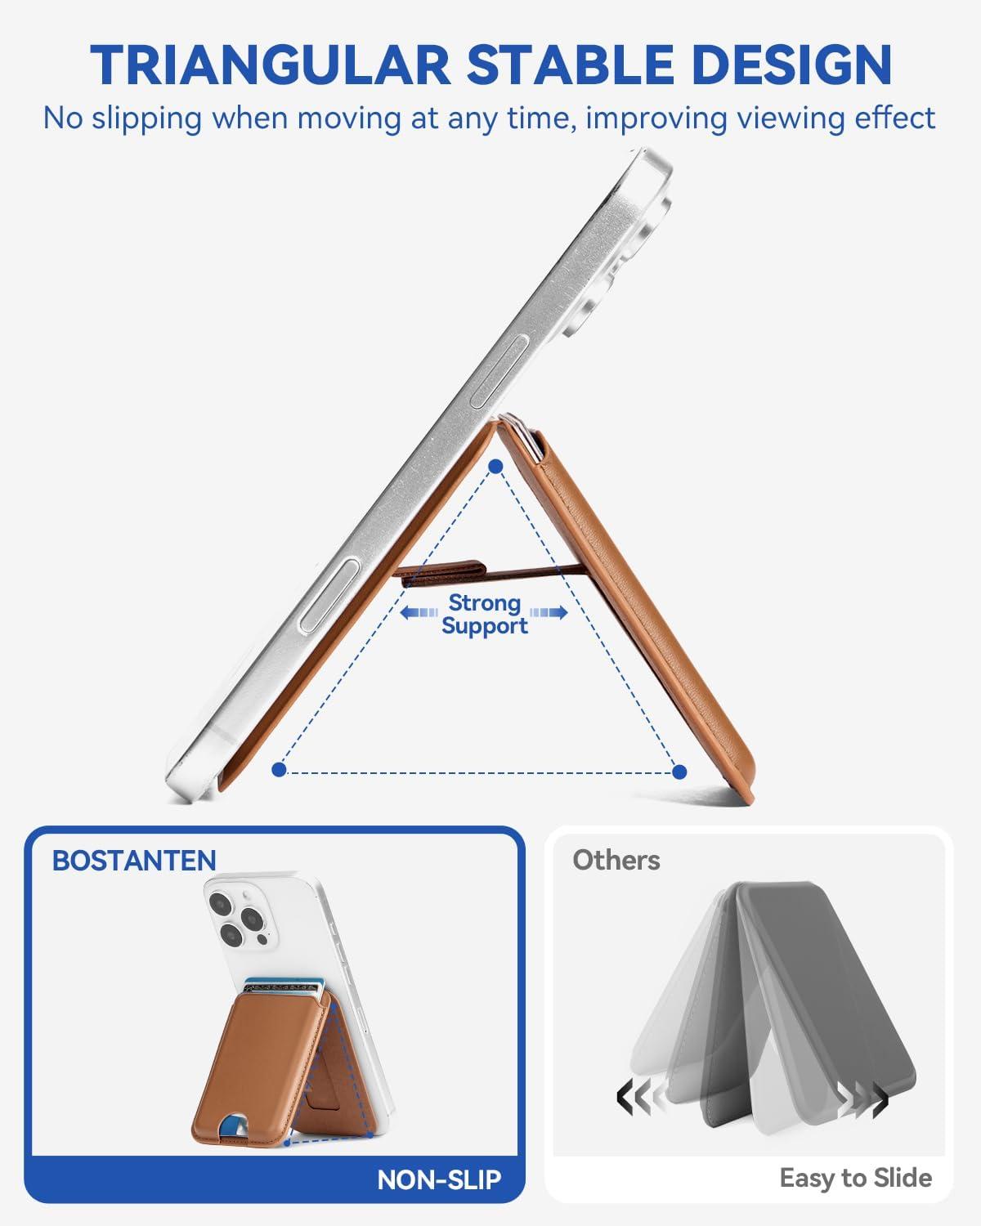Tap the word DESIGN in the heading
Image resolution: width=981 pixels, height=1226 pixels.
(x=794, y=65)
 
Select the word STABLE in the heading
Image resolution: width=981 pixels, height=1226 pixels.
(x=571, y=65)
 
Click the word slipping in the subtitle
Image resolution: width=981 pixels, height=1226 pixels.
(x=146, y=119)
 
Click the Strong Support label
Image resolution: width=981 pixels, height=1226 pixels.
(x=485, y=614)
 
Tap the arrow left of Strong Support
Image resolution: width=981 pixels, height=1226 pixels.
(x=419, y=613)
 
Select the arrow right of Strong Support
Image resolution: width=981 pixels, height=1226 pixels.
(x=549, y=613)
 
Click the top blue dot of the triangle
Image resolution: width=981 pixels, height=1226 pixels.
(x=496, y=467)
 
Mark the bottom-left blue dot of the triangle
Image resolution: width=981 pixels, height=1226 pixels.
(x=279, y=770)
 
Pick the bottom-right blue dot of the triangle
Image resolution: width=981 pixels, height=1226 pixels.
(x=679, y=772)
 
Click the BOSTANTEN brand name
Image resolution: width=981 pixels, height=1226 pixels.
(x=134, y=861)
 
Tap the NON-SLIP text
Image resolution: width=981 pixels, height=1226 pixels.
(x=439, y=1179)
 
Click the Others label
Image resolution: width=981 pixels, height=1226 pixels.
(x=616, y=861)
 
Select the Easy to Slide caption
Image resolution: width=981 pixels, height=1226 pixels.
(x=856, y=1178)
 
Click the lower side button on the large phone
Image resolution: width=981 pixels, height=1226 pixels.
(x=329, y=596)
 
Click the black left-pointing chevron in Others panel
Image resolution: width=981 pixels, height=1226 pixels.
(x=625, y=1099)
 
